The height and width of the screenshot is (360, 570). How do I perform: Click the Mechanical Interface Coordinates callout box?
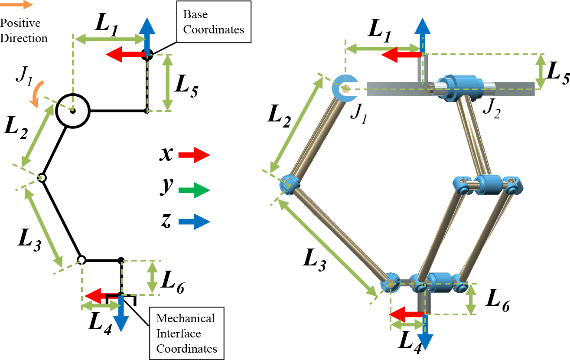point(186,333)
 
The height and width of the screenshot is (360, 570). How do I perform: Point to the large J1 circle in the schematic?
point(72,111)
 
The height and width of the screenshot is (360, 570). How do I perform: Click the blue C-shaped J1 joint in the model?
point(344,88)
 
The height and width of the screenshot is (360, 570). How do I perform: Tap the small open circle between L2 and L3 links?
point(42,178)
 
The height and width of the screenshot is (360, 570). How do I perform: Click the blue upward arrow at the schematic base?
point(147,35)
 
